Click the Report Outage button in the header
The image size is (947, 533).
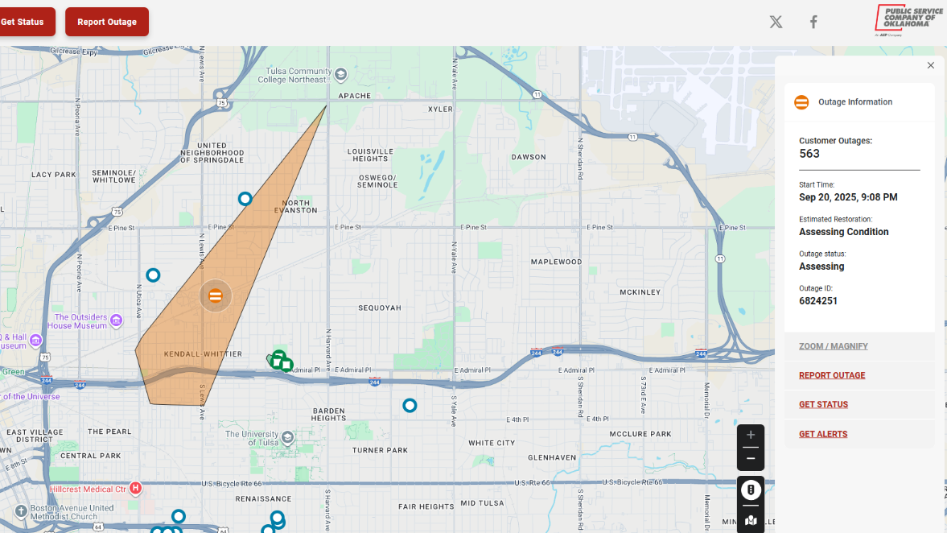[107, 22]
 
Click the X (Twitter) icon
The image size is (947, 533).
[776, 22]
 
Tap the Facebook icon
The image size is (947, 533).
[813, 22]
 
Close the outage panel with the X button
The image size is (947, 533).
[931, 66]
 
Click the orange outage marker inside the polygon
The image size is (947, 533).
[216, 295]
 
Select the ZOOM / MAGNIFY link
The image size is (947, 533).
[834, 346]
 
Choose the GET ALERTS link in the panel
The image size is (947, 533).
[823, 434]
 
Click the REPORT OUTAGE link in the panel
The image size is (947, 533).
[832, 375]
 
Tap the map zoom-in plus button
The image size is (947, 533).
[751, 436]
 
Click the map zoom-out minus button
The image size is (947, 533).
[751, 458]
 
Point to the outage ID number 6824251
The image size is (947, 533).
[818, 301]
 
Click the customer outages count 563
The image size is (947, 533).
[809, 154]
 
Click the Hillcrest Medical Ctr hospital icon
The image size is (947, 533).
[135, 488]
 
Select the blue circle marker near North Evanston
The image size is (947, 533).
[245, 199]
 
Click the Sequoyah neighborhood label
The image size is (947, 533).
[379, 308]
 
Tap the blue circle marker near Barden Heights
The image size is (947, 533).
[410, 406]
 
